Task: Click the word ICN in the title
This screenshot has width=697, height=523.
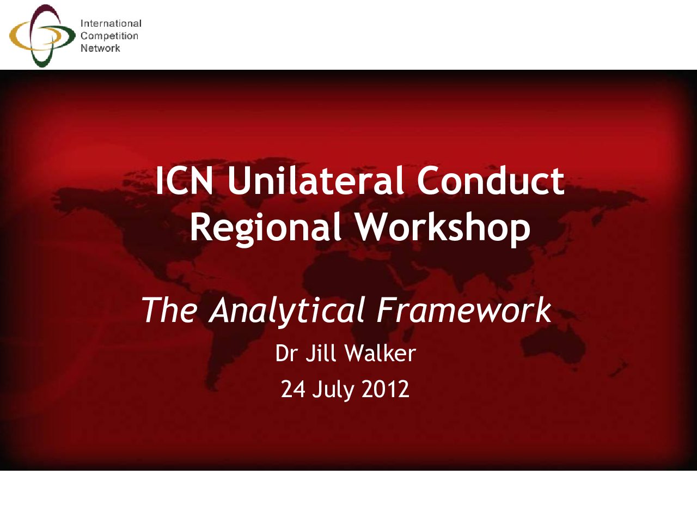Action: click(x=185, y=180)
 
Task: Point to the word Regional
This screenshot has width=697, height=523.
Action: click(x=266, y=228)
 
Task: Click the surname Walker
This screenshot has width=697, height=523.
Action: click(x=381, y=353)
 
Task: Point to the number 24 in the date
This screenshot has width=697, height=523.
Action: click(x=293, y=390)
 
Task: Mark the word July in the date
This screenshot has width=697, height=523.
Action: click(x=333, y=391)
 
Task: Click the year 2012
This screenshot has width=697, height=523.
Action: click(x=385, y=390)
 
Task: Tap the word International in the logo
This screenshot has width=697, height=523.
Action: click(x=111, y=23)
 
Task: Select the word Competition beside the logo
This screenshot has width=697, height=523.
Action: click(x=109, y=36)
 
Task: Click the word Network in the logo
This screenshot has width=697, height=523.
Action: click(x=100, y=48)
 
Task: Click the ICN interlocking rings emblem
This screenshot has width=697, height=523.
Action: click(x=42, y=35)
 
